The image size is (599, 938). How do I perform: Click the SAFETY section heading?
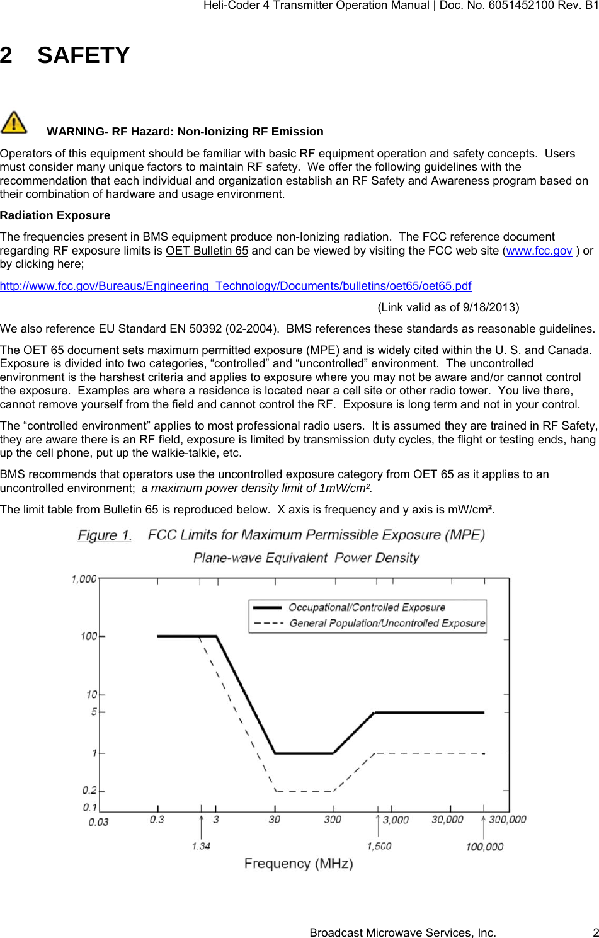pyautogui.click(x=83, y=55)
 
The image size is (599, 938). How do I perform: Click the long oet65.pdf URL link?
pyautogui.click(x=236, y=286)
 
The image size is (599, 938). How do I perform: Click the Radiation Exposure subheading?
pyautogui.click(x=55, y=215)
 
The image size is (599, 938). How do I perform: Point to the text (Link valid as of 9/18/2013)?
pyautogui.click(x=448, y=307)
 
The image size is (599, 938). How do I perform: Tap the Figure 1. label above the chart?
pyautogui.click(x=105, y=535)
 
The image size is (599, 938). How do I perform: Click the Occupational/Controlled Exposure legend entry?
pyautogui.click(x=367, y=608)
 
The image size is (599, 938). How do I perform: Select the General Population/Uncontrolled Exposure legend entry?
pyautogui.click(x=387, y=623)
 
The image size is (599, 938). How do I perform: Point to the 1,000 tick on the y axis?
pyautogui.click(x=84, y=578)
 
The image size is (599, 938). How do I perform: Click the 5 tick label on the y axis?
pyautogui.click(x=94, y=712)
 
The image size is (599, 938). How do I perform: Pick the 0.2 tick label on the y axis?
pyautogui.click(x=89, y=791)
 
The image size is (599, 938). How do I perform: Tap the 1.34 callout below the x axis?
pyautogui.click(x=201, y=846)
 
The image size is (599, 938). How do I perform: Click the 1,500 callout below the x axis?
pyautogui.click(x=379, y=846)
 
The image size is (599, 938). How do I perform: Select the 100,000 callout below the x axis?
pyautogui.click(x=484, y=847)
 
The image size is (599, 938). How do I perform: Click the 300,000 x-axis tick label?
pyautogui.click(x=508, y=820)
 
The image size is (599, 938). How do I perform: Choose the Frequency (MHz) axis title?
pyautogui.click(x=299, y=863)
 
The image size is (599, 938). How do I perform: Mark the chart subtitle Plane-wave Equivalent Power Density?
pyautogui.click(x=306, y=558)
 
